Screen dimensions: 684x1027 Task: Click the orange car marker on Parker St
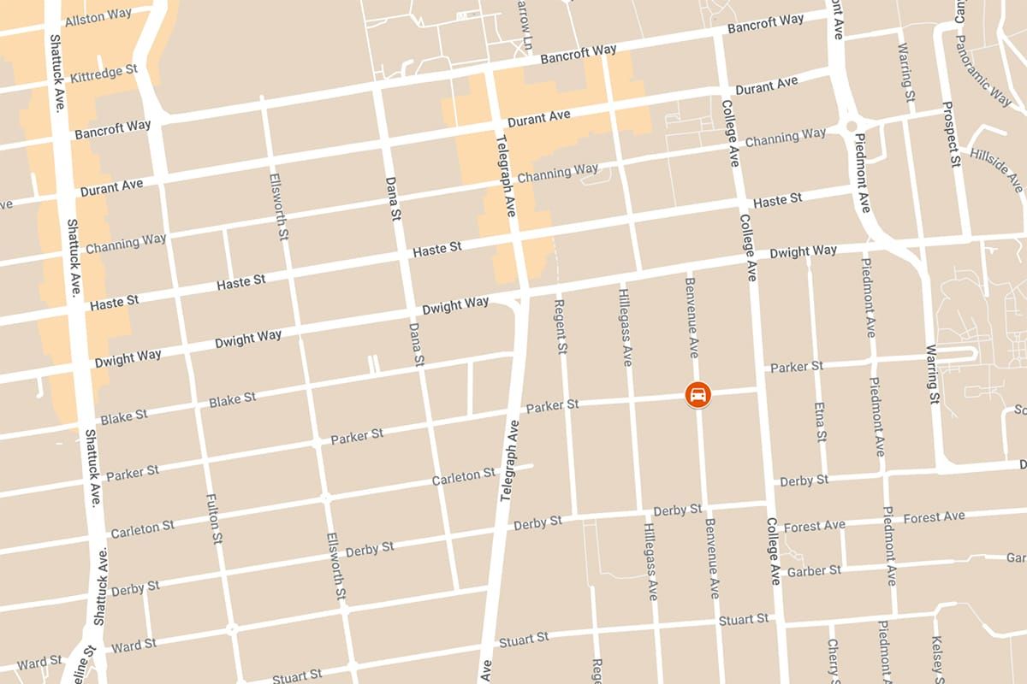pyautogui.click(x=698, y=395)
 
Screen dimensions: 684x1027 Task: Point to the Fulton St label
pyautogui.click(x=214, y=518)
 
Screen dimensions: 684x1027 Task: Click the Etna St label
pyautogui.click(x=819, y=422)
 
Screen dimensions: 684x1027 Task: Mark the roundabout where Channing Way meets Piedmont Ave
pyautogui.click(x=851, y=127)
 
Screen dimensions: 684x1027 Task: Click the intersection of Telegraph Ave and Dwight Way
pyautogui.click(x=519, y=298)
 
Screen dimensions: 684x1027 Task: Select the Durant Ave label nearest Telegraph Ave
pyautogui.click(x=538, y=118)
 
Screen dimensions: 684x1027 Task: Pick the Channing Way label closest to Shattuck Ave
pyautogui.click(x=125, y=244)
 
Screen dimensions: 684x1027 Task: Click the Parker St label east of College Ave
pyautogui.click(x=796, y=367)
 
